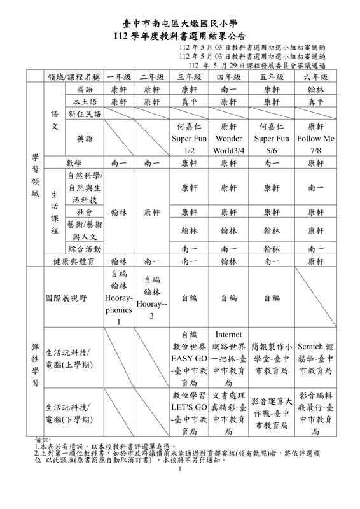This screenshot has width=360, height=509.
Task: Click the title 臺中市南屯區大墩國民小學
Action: [179, 22]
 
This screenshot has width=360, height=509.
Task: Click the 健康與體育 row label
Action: [80, 260]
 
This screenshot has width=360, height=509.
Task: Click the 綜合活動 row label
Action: [84, 248]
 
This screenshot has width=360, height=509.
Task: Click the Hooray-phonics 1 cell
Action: [119, 297]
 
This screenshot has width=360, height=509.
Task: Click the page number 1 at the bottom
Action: [181, 470]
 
